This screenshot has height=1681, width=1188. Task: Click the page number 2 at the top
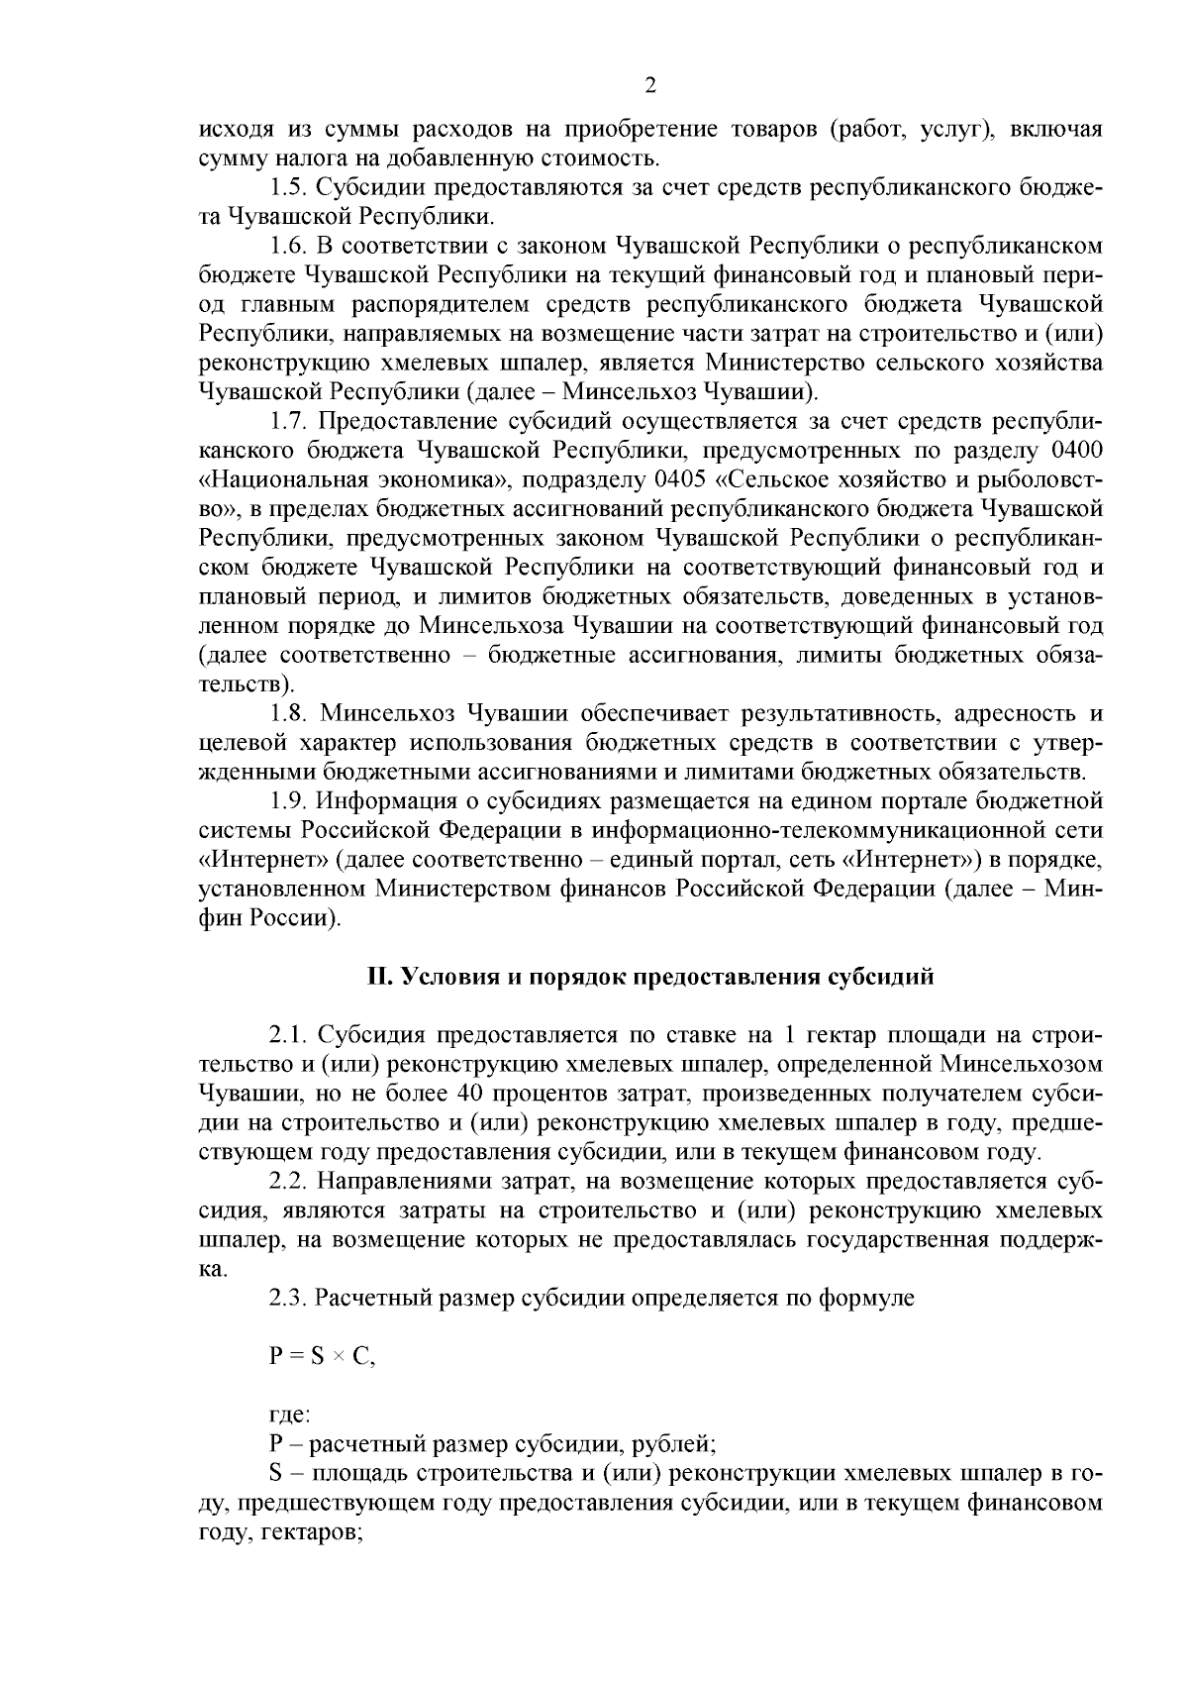click(x=650, y=85)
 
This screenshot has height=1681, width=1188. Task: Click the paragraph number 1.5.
click(x=288, y=187)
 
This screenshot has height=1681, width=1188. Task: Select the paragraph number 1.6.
click(x=288, y=246)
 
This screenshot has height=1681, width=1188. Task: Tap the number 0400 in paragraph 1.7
click(x=1075, y=452)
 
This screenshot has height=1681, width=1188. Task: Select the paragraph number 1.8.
click(x=288, y=714)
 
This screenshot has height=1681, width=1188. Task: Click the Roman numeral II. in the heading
click(x=379, y=977)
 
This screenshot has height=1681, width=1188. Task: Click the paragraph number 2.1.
click(x=288, y=1036)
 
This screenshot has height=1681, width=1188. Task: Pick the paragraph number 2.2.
click(x=288, y=1182)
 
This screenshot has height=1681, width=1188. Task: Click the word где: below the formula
click(x=289, y=1417)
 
